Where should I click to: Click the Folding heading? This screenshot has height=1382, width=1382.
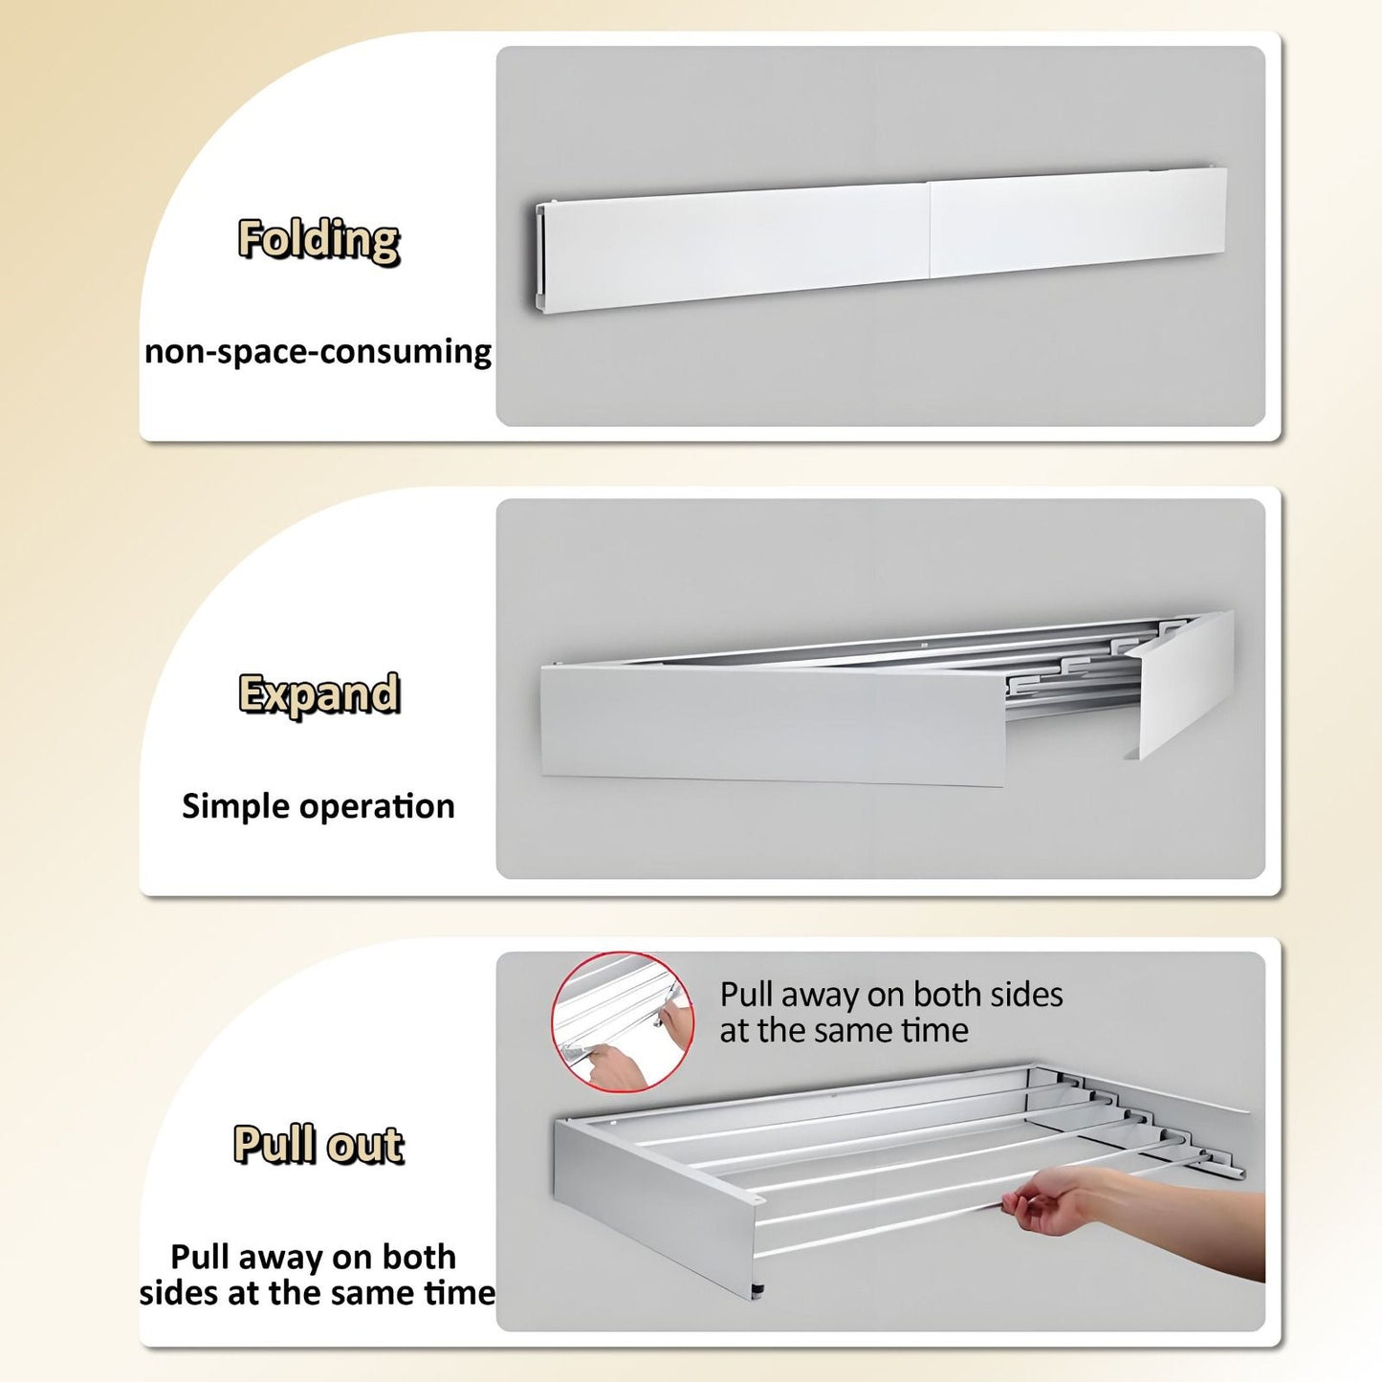click(x=318, y=239)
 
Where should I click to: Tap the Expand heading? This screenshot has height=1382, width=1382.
click(x=318, y=694)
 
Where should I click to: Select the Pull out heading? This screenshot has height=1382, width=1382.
click(x=318, y=1145)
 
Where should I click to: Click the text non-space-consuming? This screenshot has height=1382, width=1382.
click(x=318, y=352)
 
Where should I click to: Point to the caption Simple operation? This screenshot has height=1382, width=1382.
click(x=318, y=806)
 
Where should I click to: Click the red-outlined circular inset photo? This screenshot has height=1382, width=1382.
click(x=623, y=1022)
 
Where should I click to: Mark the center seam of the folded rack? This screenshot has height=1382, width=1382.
click(x=929, y=230)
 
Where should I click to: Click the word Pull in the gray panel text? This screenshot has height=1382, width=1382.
click(x=748, y=995)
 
